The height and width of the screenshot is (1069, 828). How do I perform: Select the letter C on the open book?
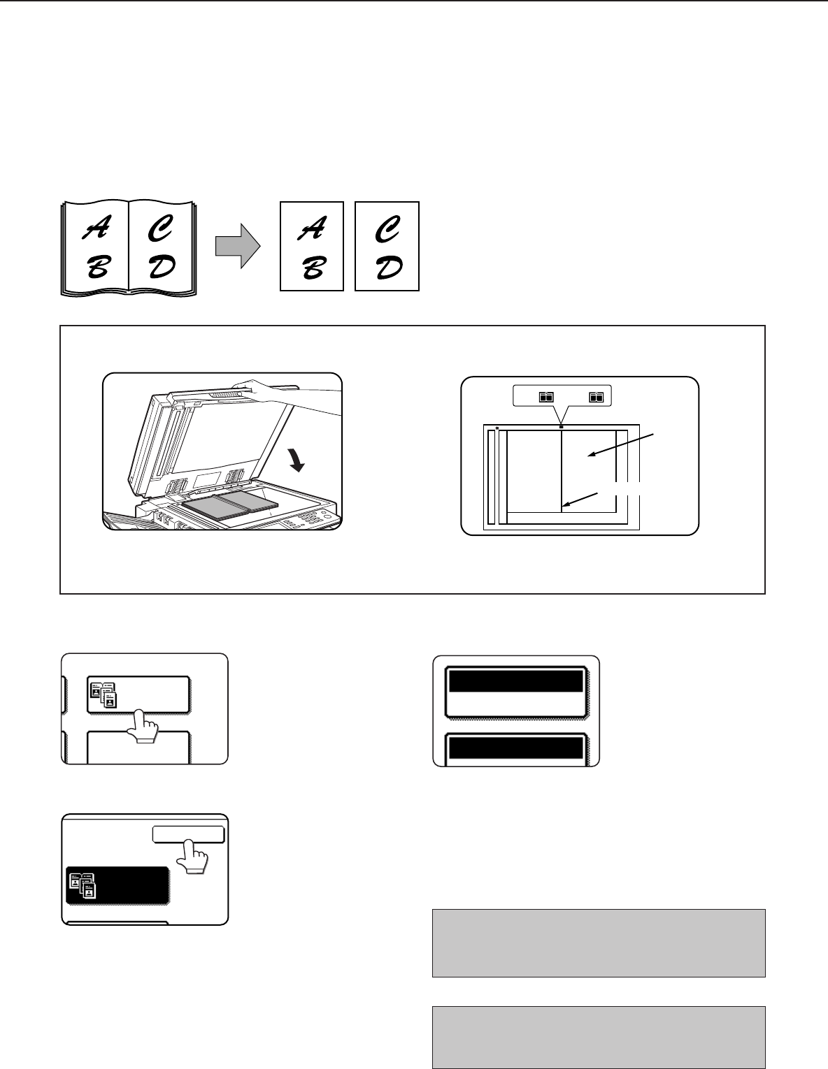pyautogui.click(x=160, y=228)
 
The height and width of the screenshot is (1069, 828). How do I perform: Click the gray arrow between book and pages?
pyautogui.click(x=238, y=246)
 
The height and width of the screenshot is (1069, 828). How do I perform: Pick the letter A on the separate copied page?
pyautogui.click(x=312, y=228)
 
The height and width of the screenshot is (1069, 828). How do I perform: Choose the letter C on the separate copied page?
pyautogui.click(x=387, y=228)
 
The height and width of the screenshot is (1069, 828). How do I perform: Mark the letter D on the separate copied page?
pyautogui.click(x=390, y=267)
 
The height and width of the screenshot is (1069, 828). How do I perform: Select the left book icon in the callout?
pyautogui.click(x=546, y=397)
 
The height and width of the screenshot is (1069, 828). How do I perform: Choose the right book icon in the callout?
pyautogui.click(x=596, y=397)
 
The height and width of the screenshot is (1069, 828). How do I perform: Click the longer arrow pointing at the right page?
pyautogui.click(x=621, y=445)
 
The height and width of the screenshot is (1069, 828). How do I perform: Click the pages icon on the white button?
pyautogui.click(x=103, y=695)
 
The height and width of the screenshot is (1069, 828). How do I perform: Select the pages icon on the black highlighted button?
pyautogui.click(x=83, y=885)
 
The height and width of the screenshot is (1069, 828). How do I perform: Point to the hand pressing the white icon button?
pyautogui.click(x=143, y=726)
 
